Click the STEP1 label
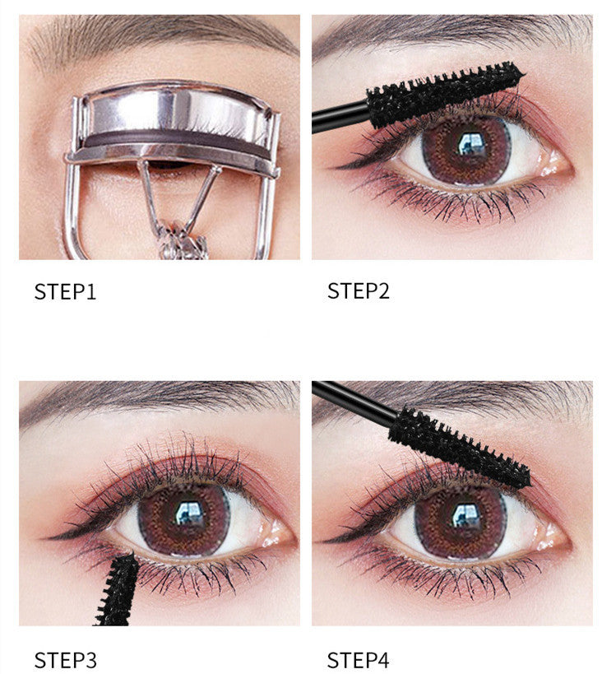(x=65, y=291)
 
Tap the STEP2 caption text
(x=359, y=291)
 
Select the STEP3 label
(x=65, y=659)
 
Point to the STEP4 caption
(x=359, y=659)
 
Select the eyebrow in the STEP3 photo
(x=156, y=399)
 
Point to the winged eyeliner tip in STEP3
(x=51, y=536)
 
